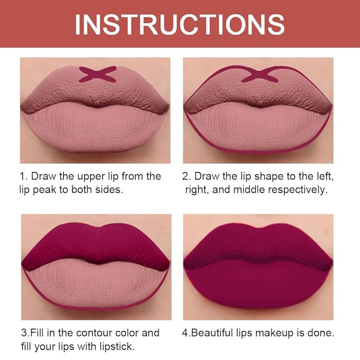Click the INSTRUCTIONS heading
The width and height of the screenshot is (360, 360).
(180, 24)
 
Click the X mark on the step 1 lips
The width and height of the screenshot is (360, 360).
(98, 74)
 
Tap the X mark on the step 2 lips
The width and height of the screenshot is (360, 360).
(260, 74)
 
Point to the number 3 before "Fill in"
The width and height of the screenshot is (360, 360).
(24, 333)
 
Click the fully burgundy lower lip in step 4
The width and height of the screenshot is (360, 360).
(258, 286)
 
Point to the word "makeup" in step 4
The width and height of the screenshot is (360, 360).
(274, 333)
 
